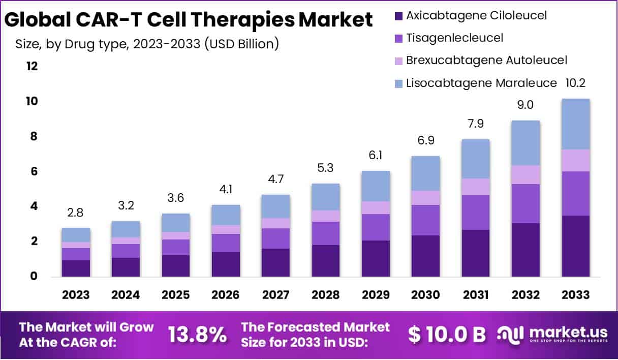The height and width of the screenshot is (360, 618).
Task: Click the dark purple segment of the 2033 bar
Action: click(x=575, y=246)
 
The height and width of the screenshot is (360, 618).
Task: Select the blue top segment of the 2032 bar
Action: click(x=526, y=143)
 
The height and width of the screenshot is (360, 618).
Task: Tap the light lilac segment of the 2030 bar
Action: click(x=425, y=198)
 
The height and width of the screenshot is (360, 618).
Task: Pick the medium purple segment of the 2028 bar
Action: click(x=325, y=233)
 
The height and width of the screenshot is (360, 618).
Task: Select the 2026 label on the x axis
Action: click(x=226, y=295)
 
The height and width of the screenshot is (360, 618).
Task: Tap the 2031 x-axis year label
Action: click(x=476, y=295)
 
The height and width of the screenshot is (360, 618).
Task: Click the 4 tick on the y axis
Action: click(x=35, y=206)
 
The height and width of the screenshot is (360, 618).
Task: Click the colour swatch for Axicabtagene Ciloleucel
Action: click(x=399, y=16)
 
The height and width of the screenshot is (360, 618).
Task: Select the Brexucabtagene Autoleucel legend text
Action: click(x=486, y=60)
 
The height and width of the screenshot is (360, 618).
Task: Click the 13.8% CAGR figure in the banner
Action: click(x=197, y=334)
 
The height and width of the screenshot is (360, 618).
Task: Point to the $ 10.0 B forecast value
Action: click(x=447, y=334)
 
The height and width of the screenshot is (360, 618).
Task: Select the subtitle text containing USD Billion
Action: click(x=147, y=44)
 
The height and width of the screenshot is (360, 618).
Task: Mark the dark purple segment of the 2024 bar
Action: click(x=126, y=267)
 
